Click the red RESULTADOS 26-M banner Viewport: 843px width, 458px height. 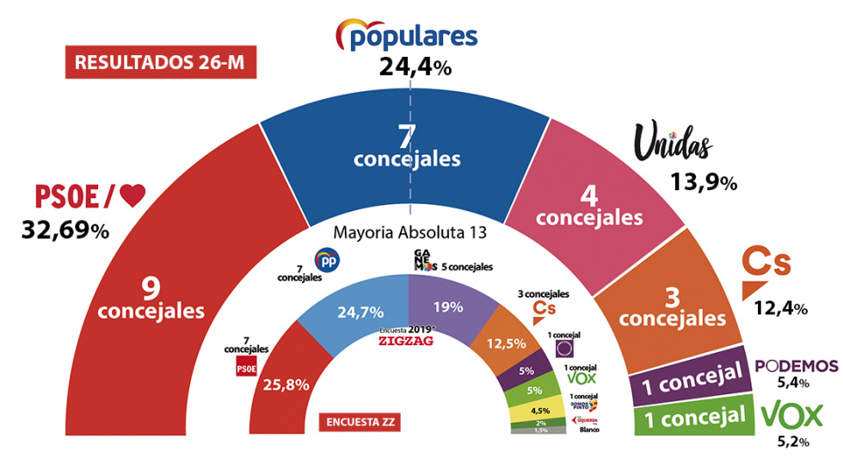[x=160, y=63]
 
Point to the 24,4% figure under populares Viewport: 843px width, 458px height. [x=415, y=68]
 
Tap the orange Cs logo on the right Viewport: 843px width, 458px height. [x=766, y=270]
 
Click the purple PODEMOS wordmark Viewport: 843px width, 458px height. [x=796, y=365]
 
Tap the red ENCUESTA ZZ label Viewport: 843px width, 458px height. [x=362, y=423]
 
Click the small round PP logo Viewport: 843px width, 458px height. [x=325, y=259]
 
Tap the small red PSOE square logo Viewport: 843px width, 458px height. [x=247, y=368]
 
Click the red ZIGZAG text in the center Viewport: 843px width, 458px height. [x=406, y=340]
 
